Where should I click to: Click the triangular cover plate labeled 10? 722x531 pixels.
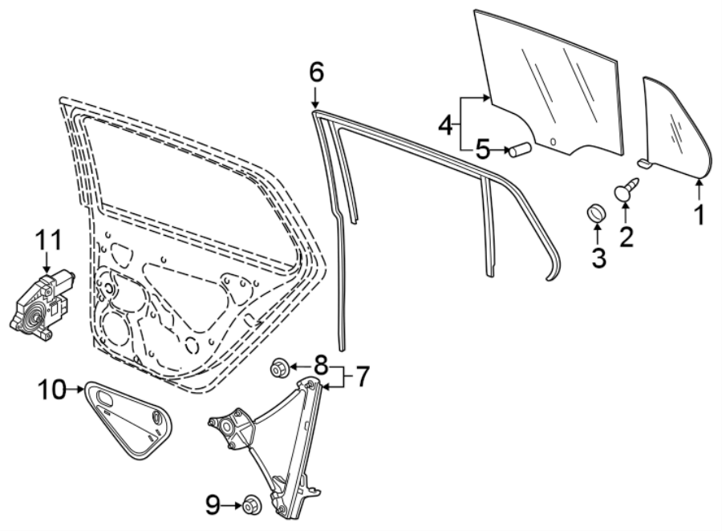[x=128, y=417]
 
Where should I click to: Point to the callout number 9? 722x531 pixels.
[x=212, y=505]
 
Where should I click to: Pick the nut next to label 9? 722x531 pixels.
[x=249, y=506]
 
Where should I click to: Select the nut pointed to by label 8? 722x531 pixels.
[x=280, y=368]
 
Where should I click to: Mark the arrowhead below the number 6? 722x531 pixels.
[x=316, y=105]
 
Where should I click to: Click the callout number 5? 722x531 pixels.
[x=481, y=149]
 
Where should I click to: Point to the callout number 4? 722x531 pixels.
[x=446, y=124]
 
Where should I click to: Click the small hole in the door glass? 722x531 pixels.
[x=553, y=142]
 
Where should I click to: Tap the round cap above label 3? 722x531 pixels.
[x=597, y=213]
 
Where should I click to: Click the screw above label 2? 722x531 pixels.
[x=627, y=193]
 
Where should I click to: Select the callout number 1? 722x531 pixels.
[x=699, y=215]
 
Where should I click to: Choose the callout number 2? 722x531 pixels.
[x=626, y=236]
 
